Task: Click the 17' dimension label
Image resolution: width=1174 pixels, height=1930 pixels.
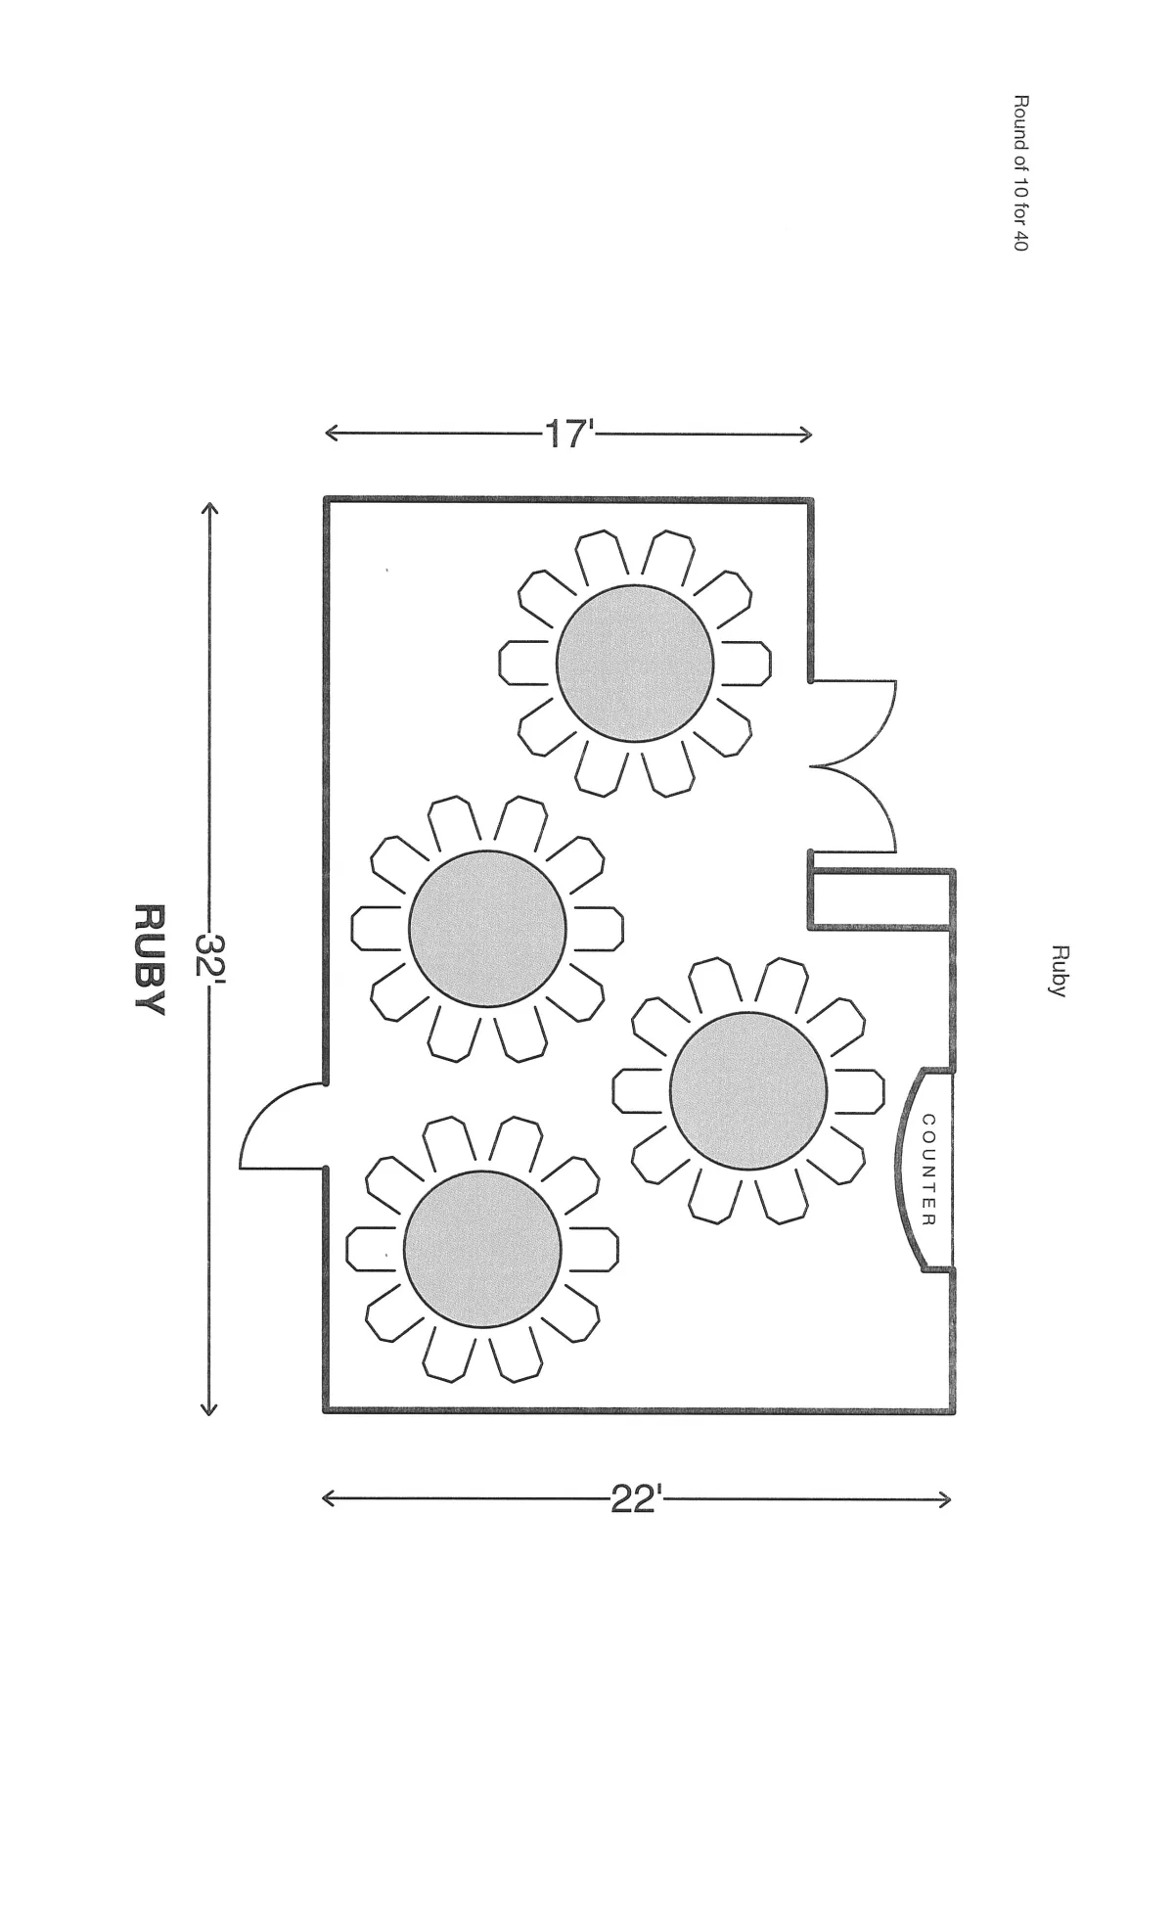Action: pyautogui.click(x=567, y=434)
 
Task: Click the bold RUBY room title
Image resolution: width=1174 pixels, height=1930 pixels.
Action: pyautogui.click(x=148, y=959)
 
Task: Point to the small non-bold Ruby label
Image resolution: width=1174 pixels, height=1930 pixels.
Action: pyautogui.click(x=1059, y=970)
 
